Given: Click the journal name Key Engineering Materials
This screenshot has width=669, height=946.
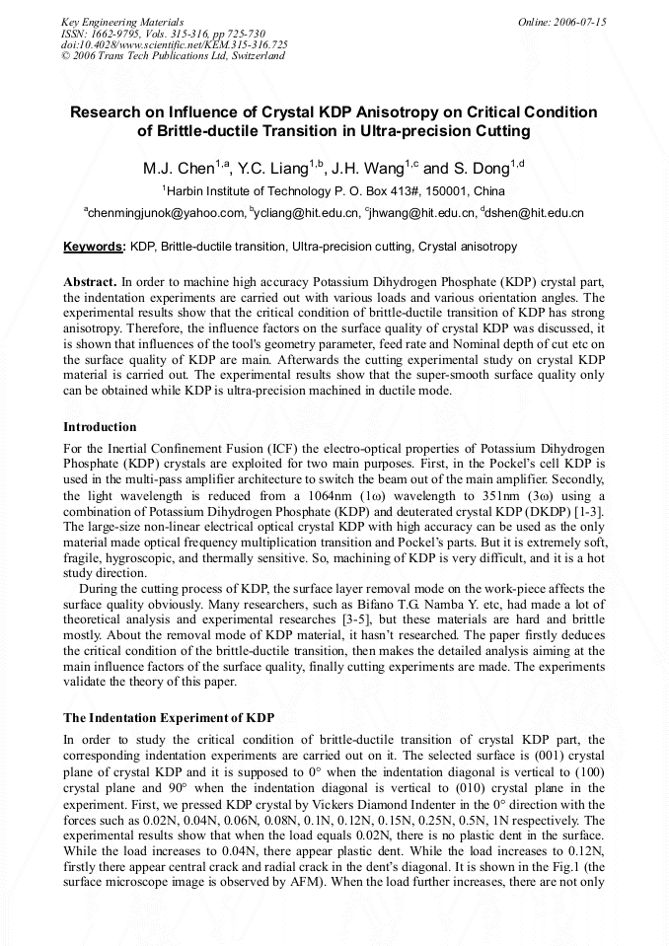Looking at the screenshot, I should pyautogui.click(x=122, y=22).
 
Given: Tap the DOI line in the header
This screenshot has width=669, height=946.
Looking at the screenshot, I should pyautogui.click(x=175, y=44).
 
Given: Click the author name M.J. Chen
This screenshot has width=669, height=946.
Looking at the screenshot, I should pyautogui.click(x=186, y=168).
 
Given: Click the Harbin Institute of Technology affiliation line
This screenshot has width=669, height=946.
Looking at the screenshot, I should pyautogui.click(x=334, y=190).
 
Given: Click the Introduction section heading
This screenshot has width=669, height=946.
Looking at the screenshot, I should pyautogui.click(x=100, y=427).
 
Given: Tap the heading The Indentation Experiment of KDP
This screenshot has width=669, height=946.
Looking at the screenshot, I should pyautogui.click(x=169, y=717).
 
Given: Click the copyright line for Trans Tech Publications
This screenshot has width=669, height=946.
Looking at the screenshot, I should pyautogui.click(x=173, y=56).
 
